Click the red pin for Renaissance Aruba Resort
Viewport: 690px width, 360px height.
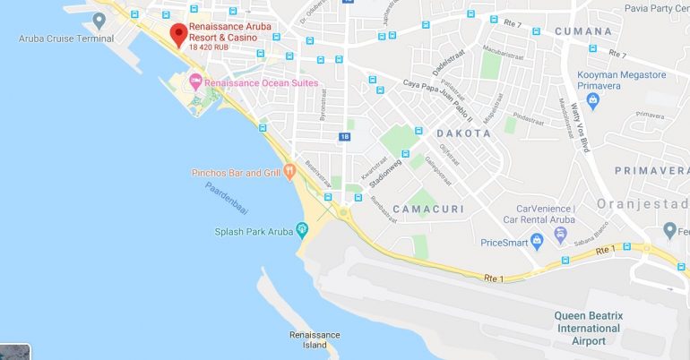tap(177, 34)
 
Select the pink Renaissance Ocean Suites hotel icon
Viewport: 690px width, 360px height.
tap(194, 83)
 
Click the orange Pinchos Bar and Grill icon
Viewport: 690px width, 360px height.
tap(289, 173)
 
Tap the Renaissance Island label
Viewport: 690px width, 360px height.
tap(315, 339)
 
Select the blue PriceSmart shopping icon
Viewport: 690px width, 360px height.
tap(537, 241)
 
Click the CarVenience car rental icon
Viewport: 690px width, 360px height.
tap(560, 235)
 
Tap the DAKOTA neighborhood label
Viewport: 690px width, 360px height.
tap(463, 133)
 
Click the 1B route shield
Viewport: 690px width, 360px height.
tap(345, 136)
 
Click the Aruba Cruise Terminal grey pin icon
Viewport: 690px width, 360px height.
tap(99, 19)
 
